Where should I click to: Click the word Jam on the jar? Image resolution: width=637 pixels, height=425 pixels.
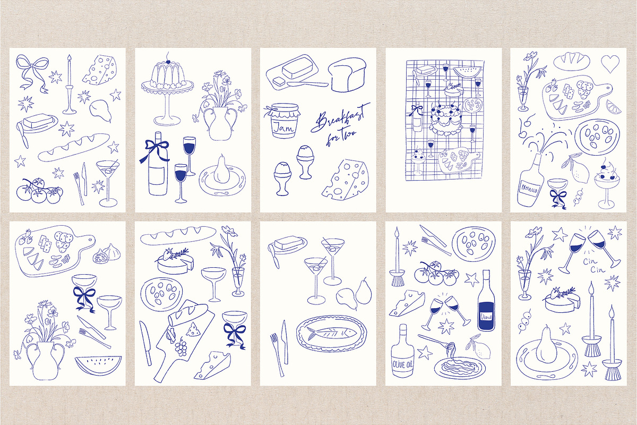(x=283, y=127)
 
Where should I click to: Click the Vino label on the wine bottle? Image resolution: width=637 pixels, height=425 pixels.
(x=485, y=317)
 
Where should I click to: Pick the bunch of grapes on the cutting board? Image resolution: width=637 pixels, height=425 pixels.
(x=181, y=347)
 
